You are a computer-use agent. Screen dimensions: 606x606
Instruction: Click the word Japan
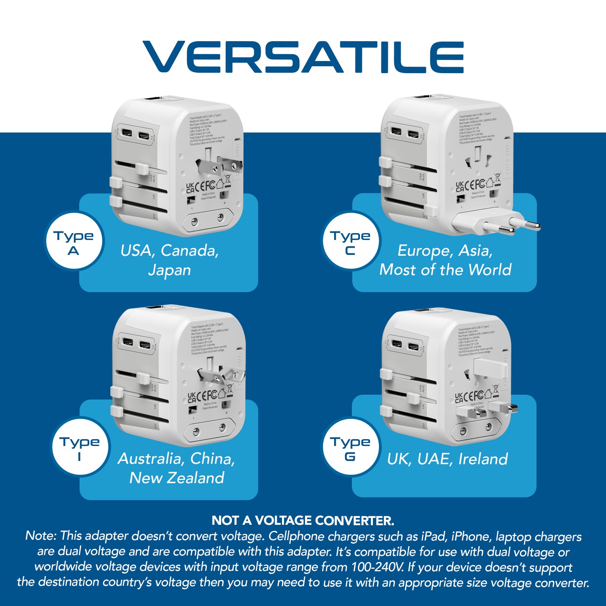[x=169, y=270]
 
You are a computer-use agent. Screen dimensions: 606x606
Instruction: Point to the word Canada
[x=189, y=251]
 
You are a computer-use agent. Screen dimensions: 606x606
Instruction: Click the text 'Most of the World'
[x=445, y=269]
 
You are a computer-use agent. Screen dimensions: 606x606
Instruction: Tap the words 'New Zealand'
[x=177, y=478]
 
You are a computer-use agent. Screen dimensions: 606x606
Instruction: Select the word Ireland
[x=483, y=459]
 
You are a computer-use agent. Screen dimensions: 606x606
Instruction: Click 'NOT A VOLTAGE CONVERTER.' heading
[x=303, y=520]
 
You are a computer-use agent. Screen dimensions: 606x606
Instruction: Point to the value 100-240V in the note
[x=377, y=567]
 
